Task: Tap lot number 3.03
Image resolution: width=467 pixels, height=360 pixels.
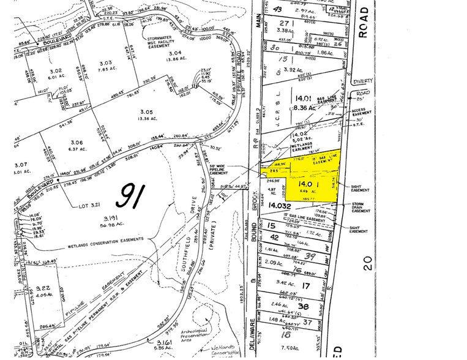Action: (x=105, y=62)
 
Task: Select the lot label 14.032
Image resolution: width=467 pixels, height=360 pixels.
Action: (x=277, y=206)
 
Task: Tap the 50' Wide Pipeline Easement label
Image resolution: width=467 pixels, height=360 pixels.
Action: (x=210, y=170)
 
